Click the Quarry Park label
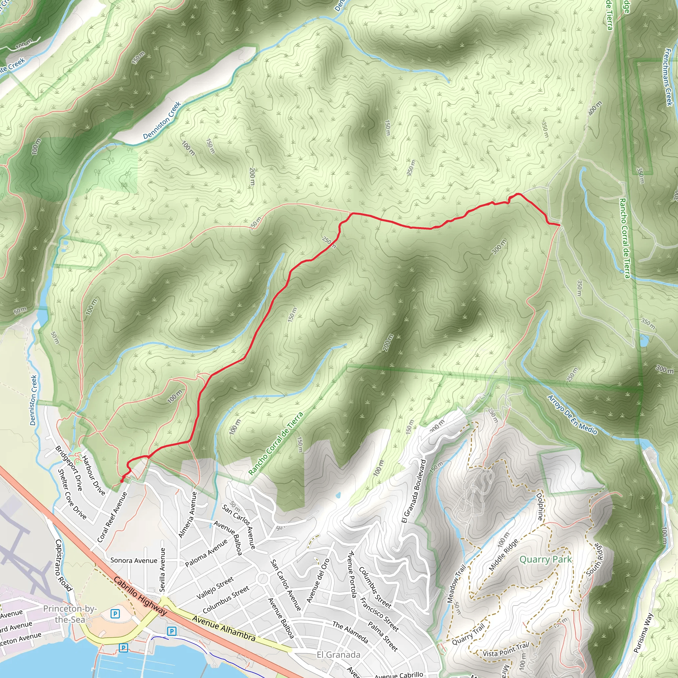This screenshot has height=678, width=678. [x=545, y=559]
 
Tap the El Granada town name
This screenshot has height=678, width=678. [x=338, y=655]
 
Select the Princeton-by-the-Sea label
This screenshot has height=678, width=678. [x=70, y=614]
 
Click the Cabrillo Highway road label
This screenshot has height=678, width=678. [x=140, y=596]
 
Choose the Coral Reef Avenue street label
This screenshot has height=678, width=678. [x=112, y=517]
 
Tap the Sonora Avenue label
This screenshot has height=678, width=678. [x=134, y=560]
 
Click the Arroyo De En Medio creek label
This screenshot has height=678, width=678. [x=572, y=415]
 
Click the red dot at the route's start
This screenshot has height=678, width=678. [x=122, y=481]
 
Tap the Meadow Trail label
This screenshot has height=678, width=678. [x=456, y=584]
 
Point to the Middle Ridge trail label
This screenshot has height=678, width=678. [x=503, y=555]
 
